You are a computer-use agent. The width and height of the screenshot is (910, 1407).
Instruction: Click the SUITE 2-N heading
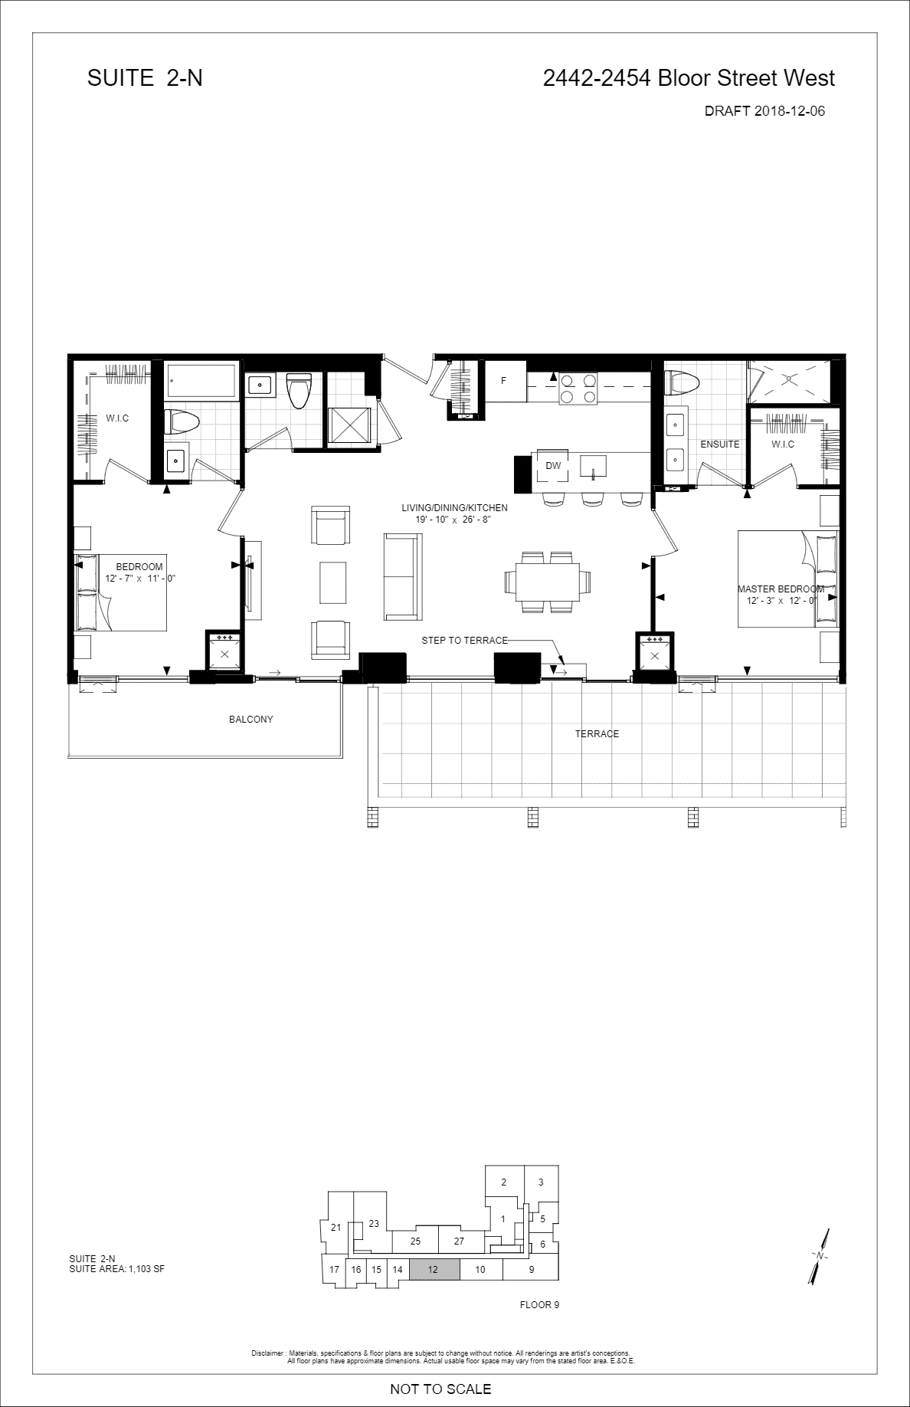click(x=145, y=77)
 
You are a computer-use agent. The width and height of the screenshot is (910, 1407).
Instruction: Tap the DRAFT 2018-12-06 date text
click(x=764, y=111)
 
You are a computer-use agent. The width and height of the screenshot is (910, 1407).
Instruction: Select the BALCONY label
click(x=251, y=720)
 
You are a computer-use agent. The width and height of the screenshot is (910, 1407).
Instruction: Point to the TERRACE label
click(x=597, y=734)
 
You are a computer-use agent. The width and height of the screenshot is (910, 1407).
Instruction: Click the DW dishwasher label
click(x=553, y=466)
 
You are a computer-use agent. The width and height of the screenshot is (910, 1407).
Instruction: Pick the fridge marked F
click(x=503, y=381)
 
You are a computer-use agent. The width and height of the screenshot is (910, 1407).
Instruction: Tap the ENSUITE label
click(x=720, y=444)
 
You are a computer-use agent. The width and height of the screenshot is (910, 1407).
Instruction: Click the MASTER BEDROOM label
click(x=781, y=589)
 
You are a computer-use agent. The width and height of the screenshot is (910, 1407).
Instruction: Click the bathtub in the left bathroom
click(x=202, y=381)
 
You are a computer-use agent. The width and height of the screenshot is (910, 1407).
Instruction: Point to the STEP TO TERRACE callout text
click(x=464, y=641)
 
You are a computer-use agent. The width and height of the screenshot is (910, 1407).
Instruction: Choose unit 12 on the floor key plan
click(x=434, y=1270)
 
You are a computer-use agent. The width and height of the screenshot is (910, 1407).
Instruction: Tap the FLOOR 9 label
click(x=539, y=1305)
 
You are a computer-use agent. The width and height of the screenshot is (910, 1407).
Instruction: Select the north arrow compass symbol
click(x=819, y=1257)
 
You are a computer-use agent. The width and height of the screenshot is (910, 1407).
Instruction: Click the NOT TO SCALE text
click(x=440, y=1389)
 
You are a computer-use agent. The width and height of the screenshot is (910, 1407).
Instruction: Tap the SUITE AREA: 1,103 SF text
click(x=116, y=1269)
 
